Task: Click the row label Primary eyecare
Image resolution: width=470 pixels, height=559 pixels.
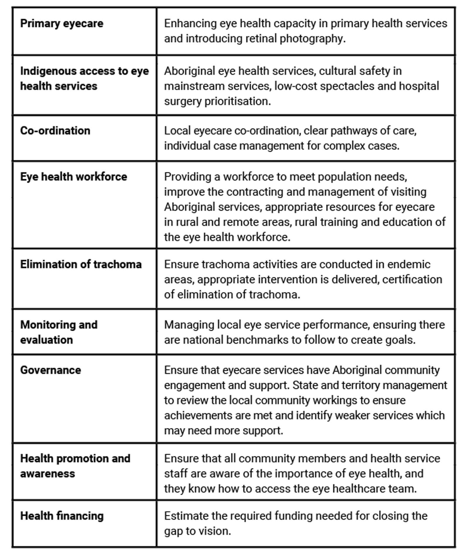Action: click(x=62, y=23)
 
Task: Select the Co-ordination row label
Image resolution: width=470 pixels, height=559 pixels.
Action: click(x=55, y=131)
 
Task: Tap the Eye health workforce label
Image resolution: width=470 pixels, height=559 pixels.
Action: click(x=73, y=177)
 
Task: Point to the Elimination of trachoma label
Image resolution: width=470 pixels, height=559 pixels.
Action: click(x=81, y=264)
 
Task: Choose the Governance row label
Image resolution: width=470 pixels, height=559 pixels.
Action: click(x=51, y=370)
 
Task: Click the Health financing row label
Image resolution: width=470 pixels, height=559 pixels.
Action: click(x=62, y=516)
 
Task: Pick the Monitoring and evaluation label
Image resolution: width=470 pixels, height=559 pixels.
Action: click(x=59, y=332)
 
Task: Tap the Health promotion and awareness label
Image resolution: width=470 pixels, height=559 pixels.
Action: click(x=75, y=466)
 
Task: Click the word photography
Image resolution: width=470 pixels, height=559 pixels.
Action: click(x=312, y=39)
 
